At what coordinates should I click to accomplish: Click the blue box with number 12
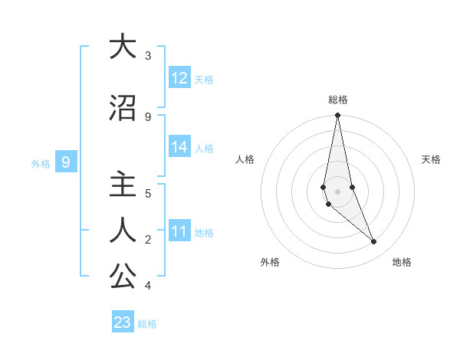pos(179,78)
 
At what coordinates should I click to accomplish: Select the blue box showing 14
pos(179,147)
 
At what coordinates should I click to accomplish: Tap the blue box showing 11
pos(179,231)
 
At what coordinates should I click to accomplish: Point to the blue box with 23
pos(123,322)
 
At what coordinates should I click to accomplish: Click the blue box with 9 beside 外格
pos(67,162)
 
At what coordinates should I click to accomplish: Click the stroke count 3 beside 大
pos(148,56)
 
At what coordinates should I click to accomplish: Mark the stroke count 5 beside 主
pos(148,194)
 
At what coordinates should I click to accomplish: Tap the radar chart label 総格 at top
pos(338,100)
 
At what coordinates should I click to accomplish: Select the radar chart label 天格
pos(432,159)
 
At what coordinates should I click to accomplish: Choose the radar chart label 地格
pos(402,262)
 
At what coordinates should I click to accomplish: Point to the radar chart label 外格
pos(270,262)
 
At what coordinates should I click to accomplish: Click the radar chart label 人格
pos(245,159)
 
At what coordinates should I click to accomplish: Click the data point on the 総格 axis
pos(337,116)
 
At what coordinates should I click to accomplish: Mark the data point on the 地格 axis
pos(374,242)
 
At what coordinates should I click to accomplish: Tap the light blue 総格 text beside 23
pos(147,324)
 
